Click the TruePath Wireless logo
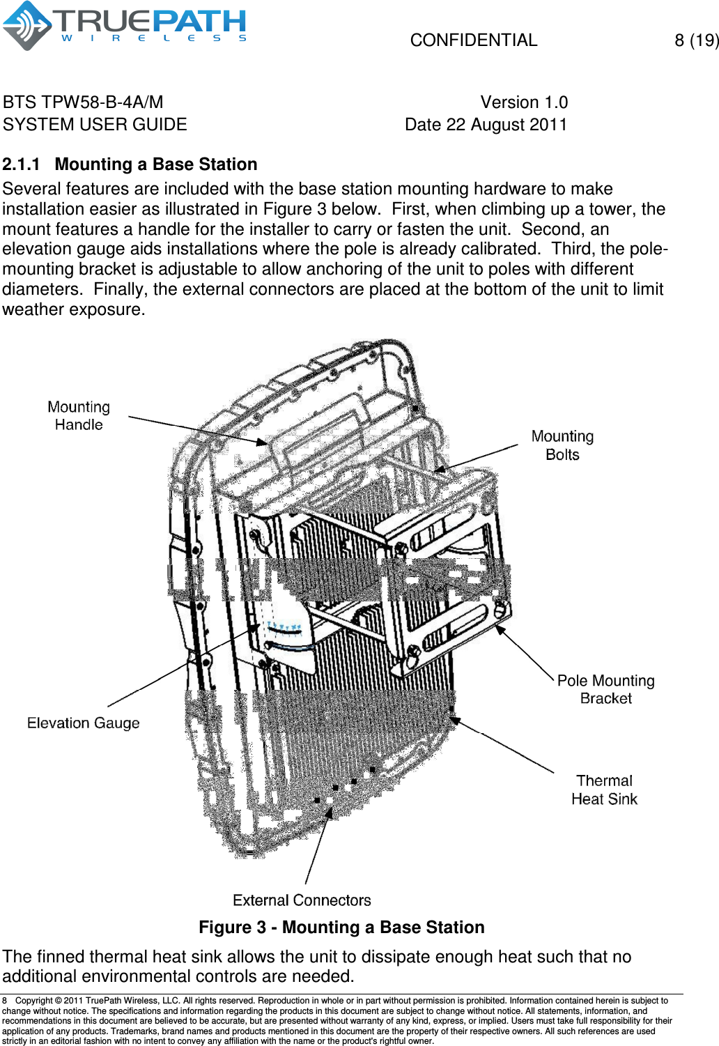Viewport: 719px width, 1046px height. (124, 26)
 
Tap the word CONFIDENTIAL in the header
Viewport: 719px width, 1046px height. (474, 40)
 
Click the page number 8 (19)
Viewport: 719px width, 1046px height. (696, 40)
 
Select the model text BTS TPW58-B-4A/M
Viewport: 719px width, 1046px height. (83, 102)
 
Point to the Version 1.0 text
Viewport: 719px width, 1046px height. (524, 102)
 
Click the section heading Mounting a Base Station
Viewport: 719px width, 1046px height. (156, 164)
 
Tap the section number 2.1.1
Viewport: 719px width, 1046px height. (21, 164)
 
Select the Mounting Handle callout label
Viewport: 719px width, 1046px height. (79, 416)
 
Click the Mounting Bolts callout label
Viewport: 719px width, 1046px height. (562, 445)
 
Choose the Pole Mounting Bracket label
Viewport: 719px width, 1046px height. (605, 689)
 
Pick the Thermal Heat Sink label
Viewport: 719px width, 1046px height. (604, 790)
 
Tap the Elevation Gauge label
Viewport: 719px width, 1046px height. (84, 723)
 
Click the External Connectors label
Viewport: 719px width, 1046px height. (302, 900)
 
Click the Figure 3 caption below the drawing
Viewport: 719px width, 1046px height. (341, 928)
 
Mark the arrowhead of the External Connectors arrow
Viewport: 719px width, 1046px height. (330, 810)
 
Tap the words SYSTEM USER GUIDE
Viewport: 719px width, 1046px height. (95, 125)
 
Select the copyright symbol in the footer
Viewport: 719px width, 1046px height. (58, 1001)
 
